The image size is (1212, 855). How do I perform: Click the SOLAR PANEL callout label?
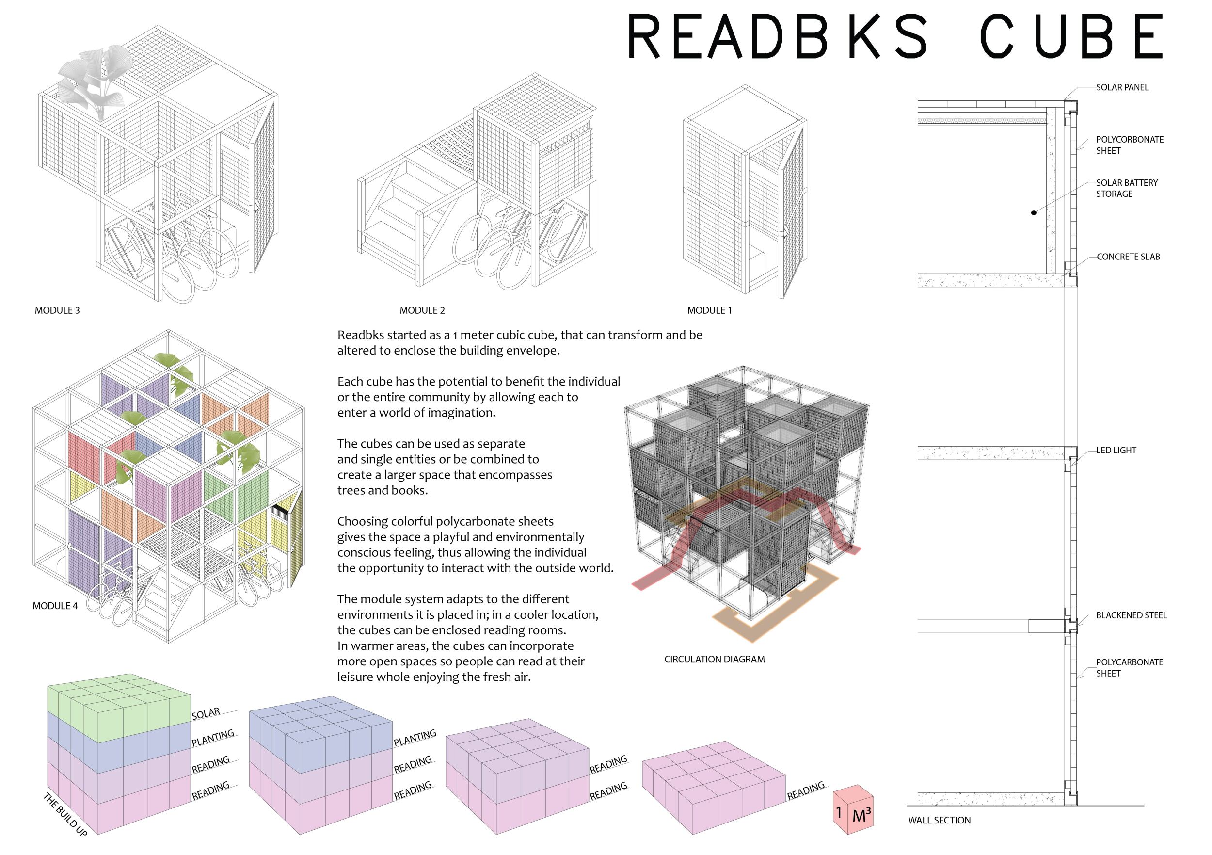[x=1122, y=88]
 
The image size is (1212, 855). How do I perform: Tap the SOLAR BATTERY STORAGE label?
[x=1127, y=188]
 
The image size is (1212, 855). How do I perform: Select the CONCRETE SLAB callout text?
[x=1128, y=257]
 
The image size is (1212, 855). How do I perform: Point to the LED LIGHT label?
[x=1116, y=451]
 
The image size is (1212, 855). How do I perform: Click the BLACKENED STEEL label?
[x=1131, y=616]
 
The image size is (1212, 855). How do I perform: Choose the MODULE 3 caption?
[x=57, y=310]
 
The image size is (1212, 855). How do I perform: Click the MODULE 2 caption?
[x=422, y=310]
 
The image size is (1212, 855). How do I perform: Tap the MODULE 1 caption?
[x=709, y=310]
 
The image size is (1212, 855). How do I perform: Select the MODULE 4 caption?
[x=55, y=606]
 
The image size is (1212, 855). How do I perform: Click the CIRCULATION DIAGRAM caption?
[x=714, y=660]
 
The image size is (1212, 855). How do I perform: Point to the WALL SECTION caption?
[x=939, y=821]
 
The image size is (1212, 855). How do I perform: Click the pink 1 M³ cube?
[x=852, y=812]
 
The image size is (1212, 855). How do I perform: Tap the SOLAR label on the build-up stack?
[x=206, y=714]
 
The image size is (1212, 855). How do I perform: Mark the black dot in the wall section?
[x=1034, y=213]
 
